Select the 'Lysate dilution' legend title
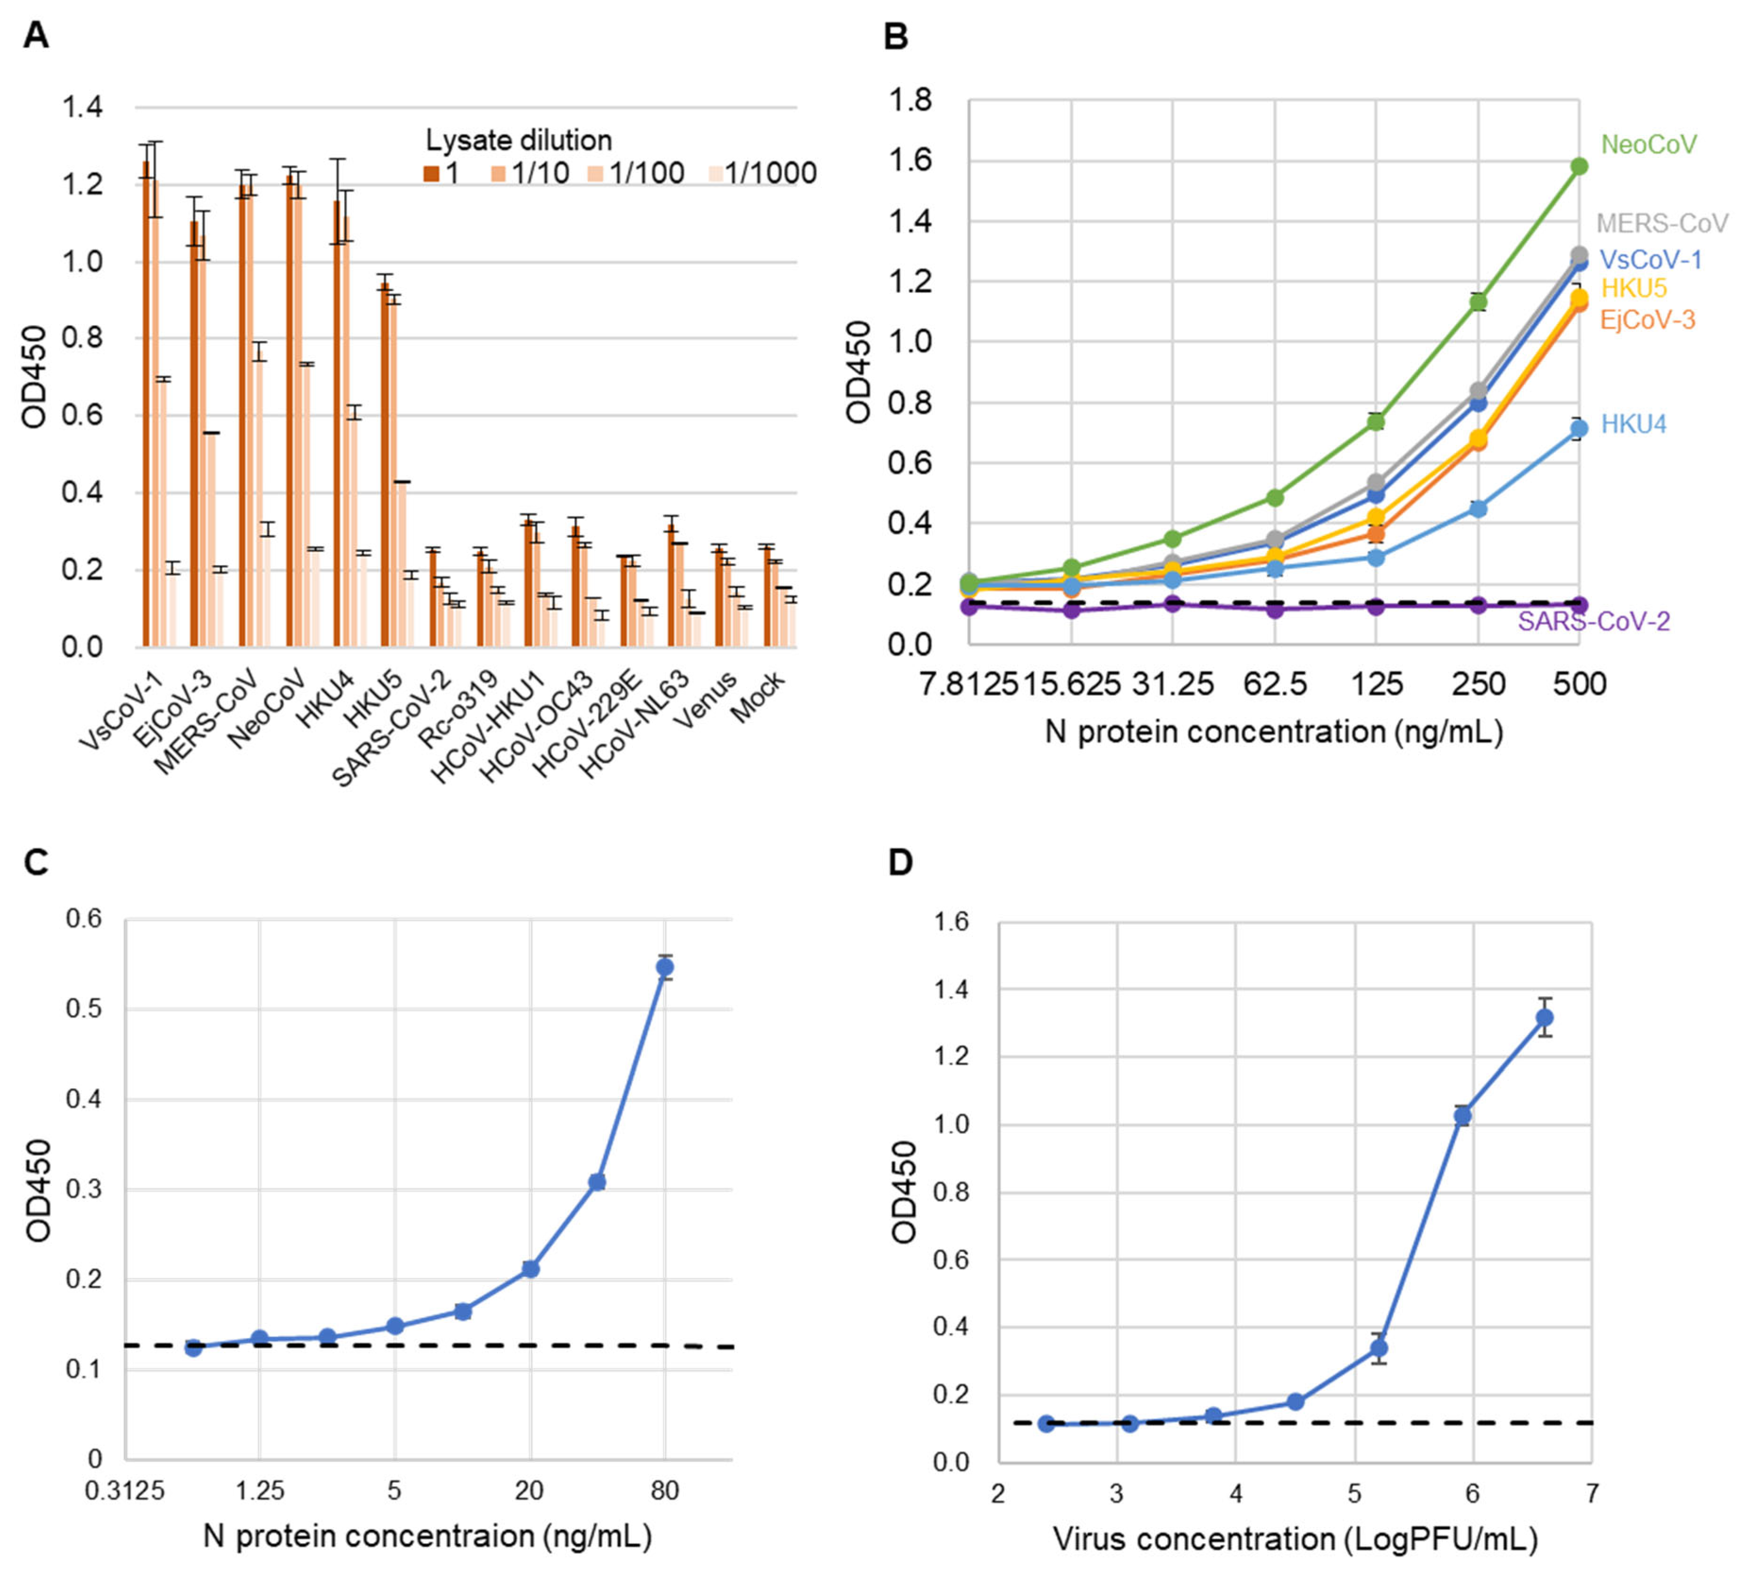pos(519,140)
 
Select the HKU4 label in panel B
pos(1633,424)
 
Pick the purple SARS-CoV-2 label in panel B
pos(1593,621)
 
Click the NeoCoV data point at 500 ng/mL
pos(1579,166)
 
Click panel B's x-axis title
pos(1274,732)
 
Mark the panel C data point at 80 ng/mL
pos(665,968)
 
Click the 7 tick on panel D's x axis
pos(1591,1493)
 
